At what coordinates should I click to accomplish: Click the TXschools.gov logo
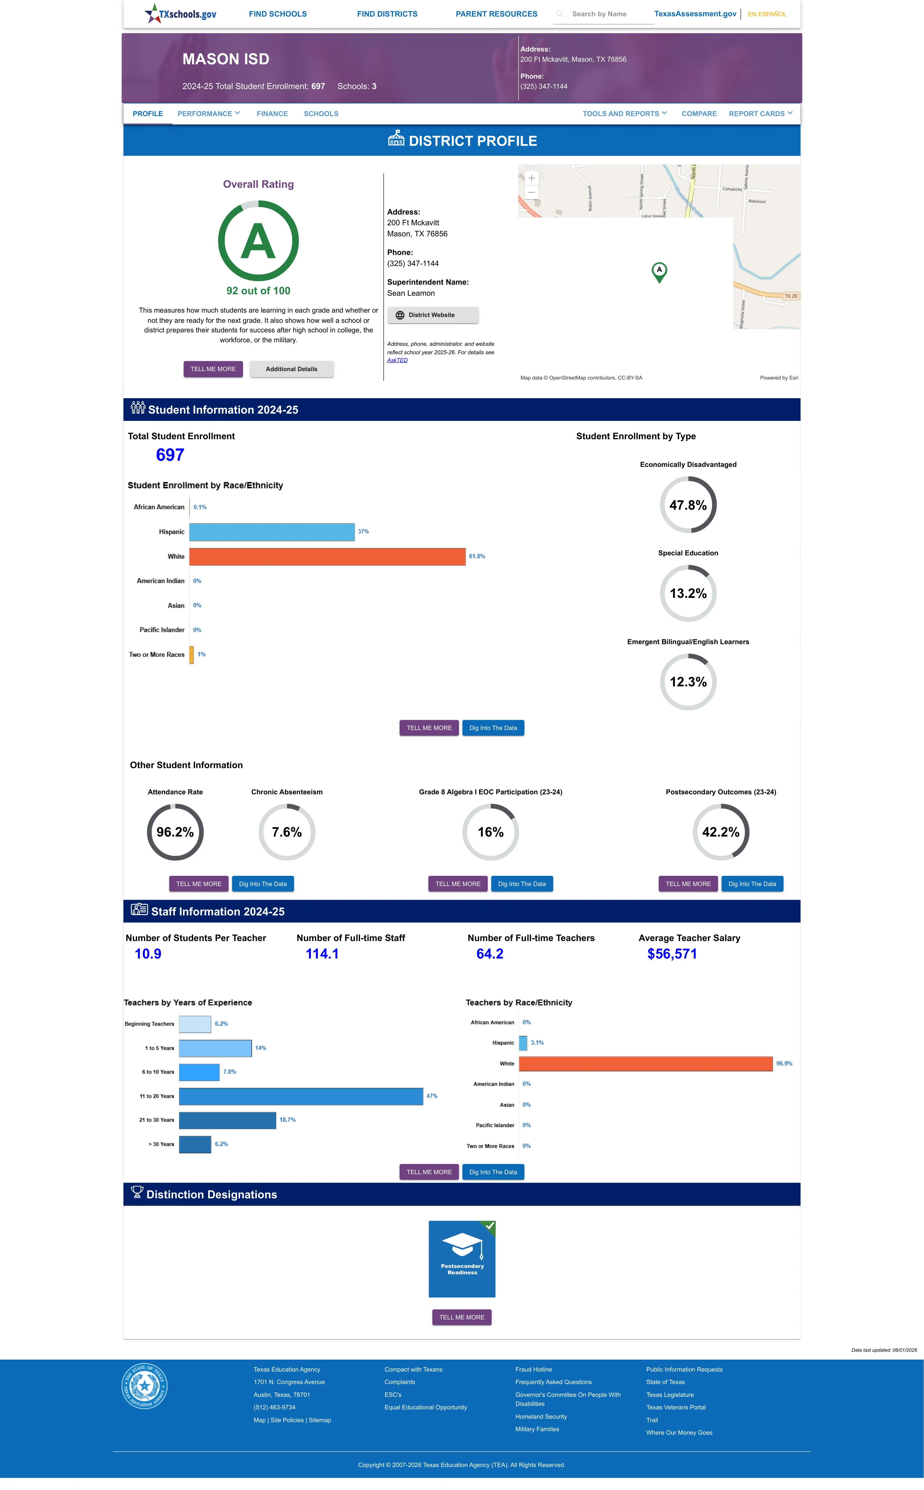[x=180, y=13]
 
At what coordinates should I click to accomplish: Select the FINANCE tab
[x=272, y=114]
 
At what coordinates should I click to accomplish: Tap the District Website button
[x=433, y=315]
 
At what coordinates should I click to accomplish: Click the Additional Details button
[x=291, y=369]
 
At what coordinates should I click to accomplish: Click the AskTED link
[x=397, y=360]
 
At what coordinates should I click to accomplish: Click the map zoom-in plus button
[x=532, y=178]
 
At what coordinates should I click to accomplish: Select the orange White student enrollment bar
[x=327, y=556]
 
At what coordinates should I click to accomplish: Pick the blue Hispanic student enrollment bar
[x=272, y=532]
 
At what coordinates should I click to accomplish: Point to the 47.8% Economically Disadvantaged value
[x=688, y=505]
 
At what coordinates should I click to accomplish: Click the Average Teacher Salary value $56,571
[x=672, y=954]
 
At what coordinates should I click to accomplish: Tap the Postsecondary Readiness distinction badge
[x=462, y=1259]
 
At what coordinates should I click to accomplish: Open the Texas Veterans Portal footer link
[x=676, y=1407]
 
